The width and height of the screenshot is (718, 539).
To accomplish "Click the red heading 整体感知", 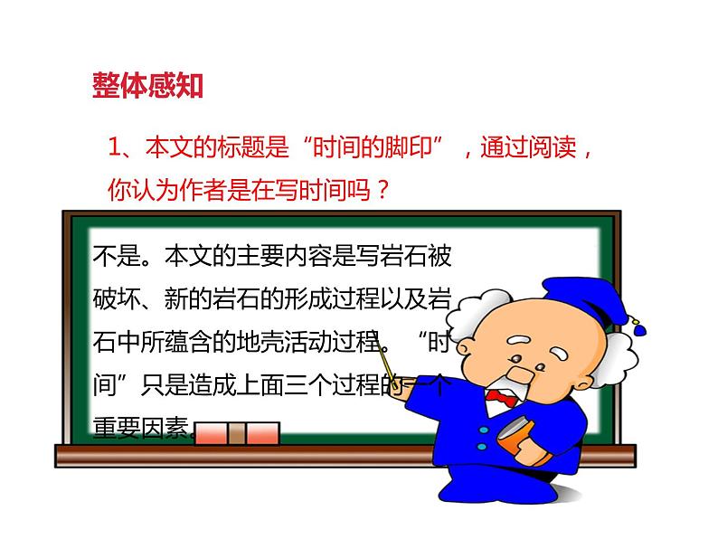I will click(x=147, y=86).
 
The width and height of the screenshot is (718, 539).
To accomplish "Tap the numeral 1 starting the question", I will click(x=114, y=147).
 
